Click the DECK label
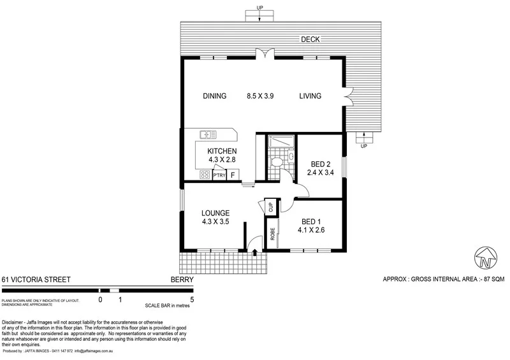click(x=310, y=40)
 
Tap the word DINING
click(x=215, y=96)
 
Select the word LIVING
click(x=310, y=96)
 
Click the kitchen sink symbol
click(x=208, y=134)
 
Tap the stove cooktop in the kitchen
click(x=205, y=175)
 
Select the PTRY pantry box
click(x=219, y=175)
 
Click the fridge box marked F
click(x=233, y=175)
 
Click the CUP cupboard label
click(x=271, y=206)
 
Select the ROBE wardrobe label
click(x=272, y=234)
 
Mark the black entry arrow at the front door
click(x=256, y=253)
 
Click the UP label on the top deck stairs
click(x=259, y=7)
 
